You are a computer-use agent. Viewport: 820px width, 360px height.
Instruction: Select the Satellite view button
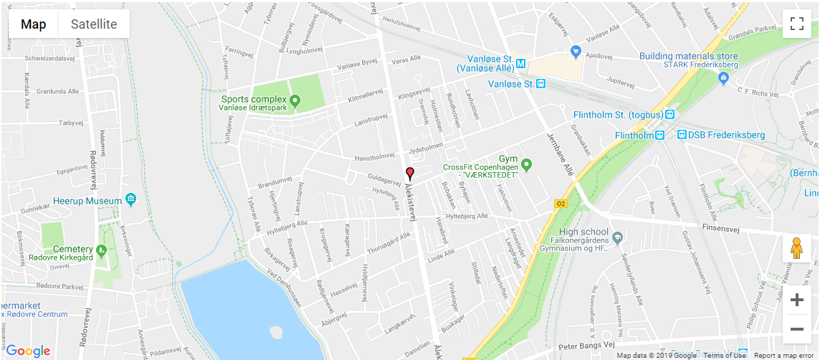pos(94,24)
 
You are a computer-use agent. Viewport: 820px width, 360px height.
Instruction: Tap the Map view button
pos(34,24)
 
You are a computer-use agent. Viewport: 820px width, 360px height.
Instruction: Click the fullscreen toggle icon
pos(796,24)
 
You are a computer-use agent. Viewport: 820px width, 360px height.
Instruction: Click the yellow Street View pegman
pos(796,248)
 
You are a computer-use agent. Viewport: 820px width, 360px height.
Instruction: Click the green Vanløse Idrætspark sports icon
pos(295,103)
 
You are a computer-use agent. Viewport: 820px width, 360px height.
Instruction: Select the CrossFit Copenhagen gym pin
pos(527,166)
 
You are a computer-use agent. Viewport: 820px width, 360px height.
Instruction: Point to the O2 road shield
pos(561,204)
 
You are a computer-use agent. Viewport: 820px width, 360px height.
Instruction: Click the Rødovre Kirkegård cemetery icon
pos(102,250)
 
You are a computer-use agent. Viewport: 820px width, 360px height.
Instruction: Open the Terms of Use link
pos(724,355)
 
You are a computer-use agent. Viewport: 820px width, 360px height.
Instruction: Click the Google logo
pos(28,351)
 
